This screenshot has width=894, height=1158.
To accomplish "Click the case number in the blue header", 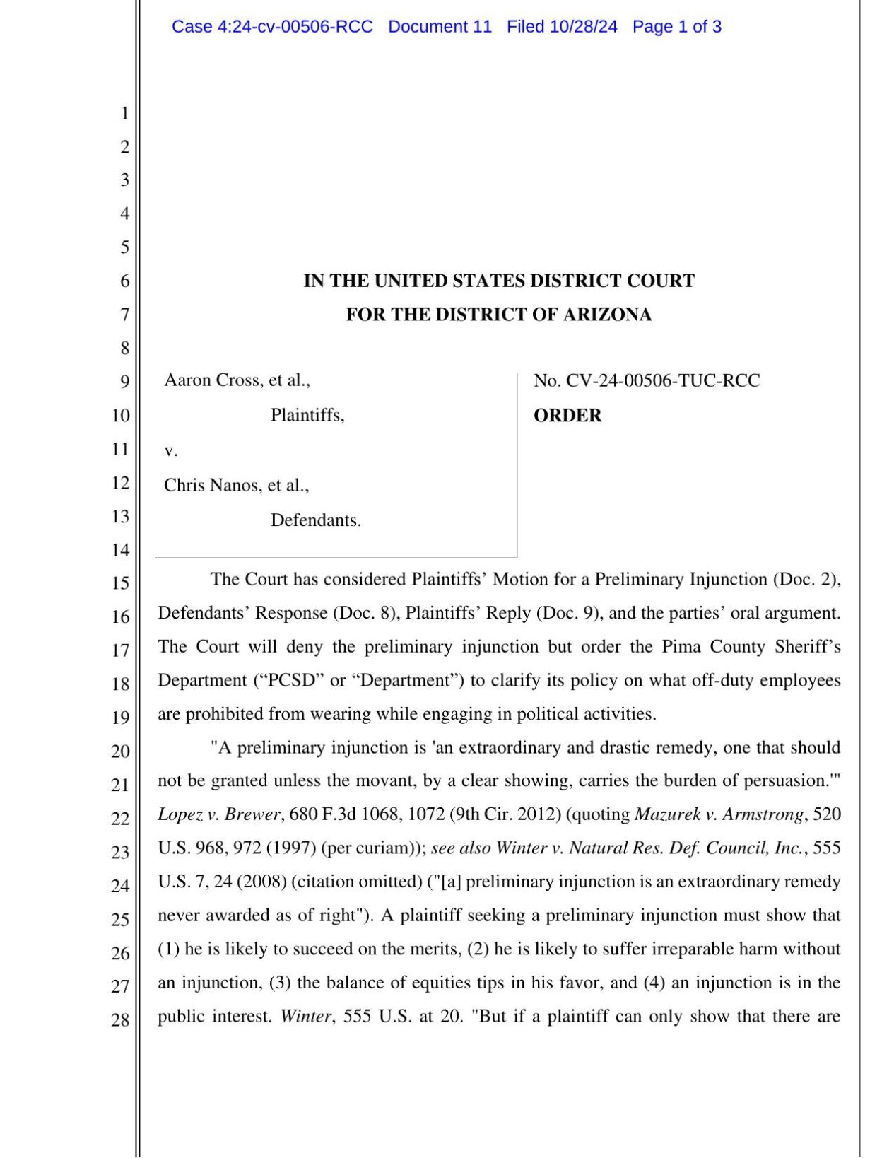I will (x=272, y=27).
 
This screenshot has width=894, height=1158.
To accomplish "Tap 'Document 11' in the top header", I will (x=440, y=27).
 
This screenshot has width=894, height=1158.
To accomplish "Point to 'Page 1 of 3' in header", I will (x=676, y=27).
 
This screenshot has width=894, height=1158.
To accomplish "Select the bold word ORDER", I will (x=567, y=416).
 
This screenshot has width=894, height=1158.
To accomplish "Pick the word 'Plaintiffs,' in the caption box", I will (x=307, y=415).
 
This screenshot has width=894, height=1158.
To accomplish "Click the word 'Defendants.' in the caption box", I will (x=316, y=520).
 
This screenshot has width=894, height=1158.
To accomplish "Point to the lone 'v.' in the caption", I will (x=170, y=450).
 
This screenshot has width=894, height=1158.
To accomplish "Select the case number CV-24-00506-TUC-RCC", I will (x=663, y=381).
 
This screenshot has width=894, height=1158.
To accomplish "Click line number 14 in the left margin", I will (x=121, y=550).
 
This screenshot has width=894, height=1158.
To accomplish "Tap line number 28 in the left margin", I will (x=121, y=1019).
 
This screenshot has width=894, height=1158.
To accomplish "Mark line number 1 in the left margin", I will (x=124, y=113).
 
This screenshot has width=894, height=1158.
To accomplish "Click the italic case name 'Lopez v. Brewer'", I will (x=219, y=814).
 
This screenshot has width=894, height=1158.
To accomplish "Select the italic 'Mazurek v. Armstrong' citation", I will (x=719, y=814).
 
